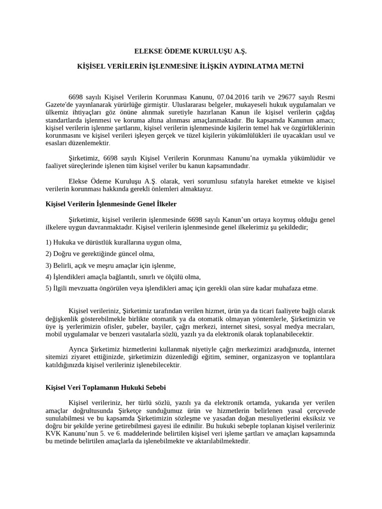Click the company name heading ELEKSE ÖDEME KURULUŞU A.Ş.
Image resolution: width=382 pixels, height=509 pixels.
coord(191,51)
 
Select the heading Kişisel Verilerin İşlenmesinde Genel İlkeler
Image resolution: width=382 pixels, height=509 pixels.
coord(111,204)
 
